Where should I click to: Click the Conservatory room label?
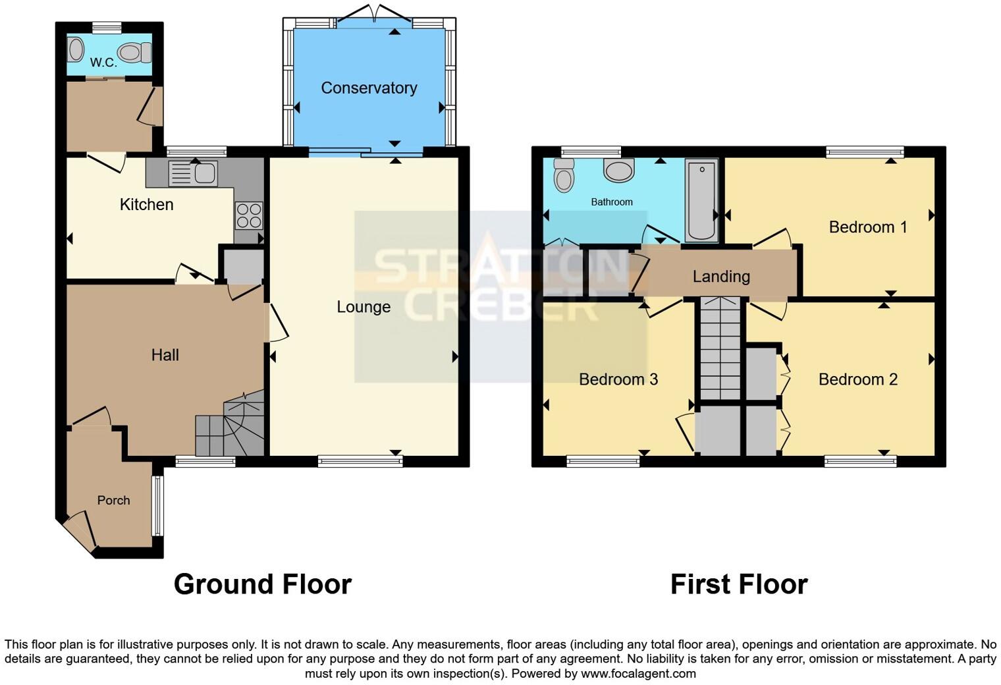pos(369,88)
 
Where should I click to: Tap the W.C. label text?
pos(103,63)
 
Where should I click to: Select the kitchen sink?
pos(193,173)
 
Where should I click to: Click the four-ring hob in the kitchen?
pos(249,215)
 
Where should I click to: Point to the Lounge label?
pos(364,307)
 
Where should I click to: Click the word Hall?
pos(165,355)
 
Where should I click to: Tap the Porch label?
pos(113,501)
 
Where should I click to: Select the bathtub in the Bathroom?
pos(701,200)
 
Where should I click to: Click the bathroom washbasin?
pos(619,171)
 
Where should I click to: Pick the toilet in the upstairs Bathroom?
pos(564,175)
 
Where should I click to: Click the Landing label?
pos(721,277)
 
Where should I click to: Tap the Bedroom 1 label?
pos(867,227)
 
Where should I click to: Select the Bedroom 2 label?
pos(857,379)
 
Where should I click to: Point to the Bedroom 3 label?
pos(618,379)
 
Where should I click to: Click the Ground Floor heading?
pos(262,584)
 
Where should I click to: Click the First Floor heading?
pos(738,584)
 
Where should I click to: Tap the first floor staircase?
pos(720,349)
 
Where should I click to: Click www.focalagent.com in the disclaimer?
pos(637,673)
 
